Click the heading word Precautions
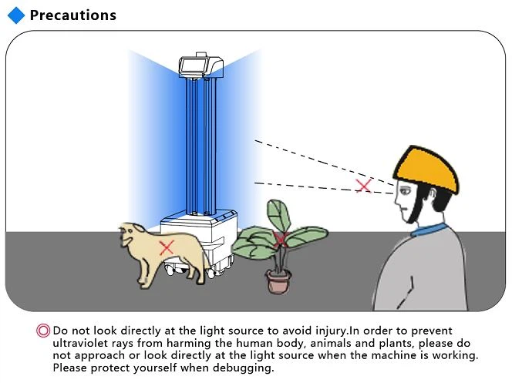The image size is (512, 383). point(73,15)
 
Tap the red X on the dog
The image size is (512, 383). point(166,247)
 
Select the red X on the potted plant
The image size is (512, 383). point(281,240)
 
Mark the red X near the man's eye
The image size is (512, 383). point(364,185)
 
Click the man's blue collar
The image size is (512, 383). point(429,229)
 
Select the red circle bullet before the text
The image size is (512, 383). point(43,331)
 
